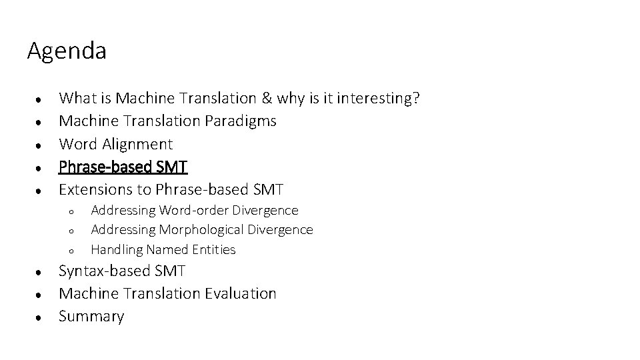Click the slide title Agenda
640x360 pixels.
(67, 51)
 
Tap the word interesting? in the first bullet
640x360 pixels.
(378, 99)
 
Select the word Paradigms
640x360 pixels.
(244, 121)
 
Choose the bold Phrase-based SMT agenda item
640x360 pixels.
(123, 167)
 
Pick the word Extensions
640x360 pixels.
(96, 189)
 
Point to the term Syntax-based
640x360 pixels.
(105, 271)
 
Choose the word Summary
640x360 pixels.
(91, 316)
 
